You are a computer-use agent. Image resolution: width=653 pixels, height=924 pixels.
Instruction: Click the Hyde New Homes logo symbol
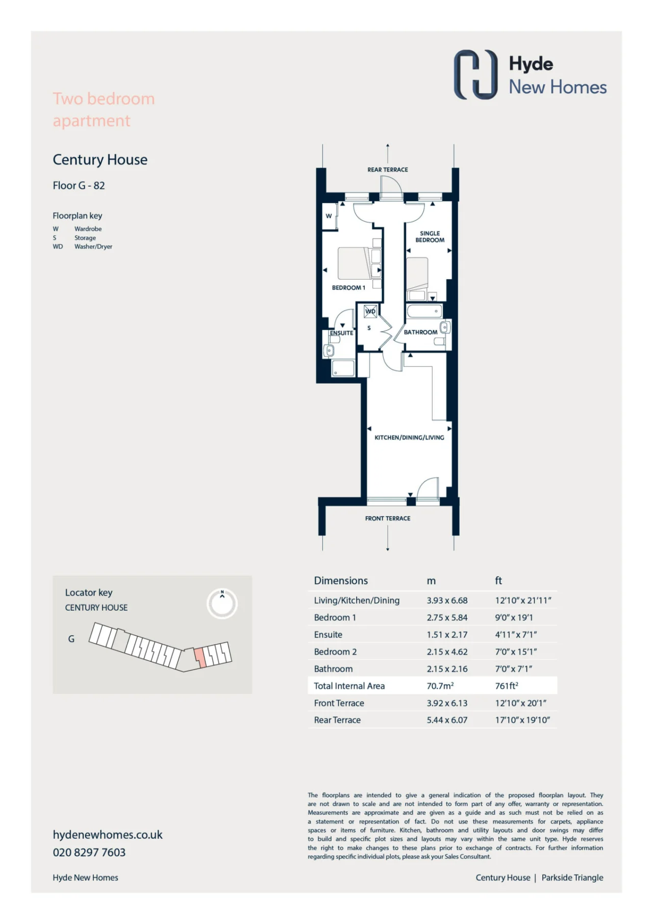point(475,74)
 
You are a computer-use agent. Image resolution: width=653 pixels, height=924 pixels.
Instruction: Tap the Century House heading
point(100,160)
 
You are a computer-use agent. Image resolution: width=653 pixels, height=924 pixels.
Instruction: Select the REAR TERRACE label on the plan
point(388,169)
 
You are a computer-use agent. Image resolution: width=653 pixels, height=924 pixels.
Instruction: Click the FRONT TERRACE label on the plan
point(388,518)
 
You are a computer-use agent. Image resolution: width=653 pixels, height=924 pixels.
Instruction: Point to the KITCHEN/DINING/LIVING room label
point(409,437)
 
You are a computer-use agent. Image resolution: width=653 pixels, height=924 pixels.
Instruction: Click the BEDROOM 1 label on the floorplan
point(348,288)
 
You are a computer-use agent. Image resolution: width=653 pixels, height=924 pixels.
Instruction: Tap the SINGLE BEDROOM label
point(430,237)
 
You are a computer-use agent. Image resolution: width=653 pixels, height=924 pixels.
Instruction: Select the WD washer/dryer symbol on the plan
point(370,311)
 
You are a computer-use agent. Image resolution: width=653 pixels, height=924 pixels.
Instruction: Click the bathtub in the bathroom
point(424,311)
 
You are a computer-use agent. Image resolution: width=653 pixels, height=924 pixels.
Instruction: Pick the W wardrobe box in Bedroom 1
point(329,216)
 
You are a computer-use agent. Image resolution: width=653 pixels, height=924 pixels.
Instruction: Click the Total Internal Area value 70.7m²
point(440,686)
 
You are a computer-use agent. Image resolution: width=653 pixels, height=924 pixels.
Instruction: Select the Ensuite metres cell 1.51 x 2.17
point(447,635)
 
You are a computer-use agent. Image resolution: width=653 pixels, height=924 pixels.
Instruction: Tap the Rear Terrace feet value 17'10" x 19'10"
point(522,720)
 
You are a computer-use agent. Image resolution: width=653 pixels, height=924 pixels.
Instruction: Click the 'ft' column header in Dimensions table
point(498,581)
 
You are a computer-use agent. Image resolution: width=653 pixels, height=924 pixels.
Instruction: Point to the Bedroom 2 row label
point(335,652)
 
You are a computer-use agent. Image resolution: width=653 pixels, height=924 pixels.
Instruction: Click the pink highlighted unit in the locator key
point(199,657)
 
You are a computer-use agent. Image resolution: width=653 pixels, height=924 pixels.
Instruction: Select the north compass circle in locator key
point(222,604)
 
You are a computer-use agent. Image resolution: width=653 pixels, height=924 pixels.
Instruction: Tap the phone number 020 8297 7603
point(89,852)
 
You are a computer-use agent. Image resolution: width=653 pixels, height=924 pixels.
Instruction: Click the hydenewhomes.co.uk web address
point(108,835)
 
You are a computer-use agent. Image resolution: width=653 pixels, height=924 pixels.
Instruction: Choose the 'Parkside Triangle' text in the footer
point(572,878)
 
